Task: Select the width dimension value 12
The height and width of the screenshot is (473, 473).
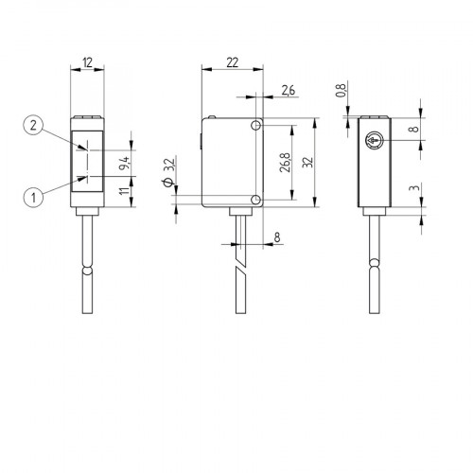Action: coord(87,62)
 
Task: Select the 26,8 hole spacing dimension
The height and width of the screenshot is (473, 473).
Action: coord(285,163)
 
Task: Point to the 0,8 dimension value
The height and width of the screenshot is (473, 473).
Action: coord(342,95)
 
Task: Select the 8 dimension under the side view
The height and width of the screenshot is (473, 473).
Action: coord(277,236)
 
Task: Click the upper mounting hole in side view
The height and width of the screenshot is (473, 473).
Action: coord(256,127)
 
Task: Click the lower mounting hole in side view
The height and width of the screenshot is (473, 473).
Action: coord(256,200)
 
